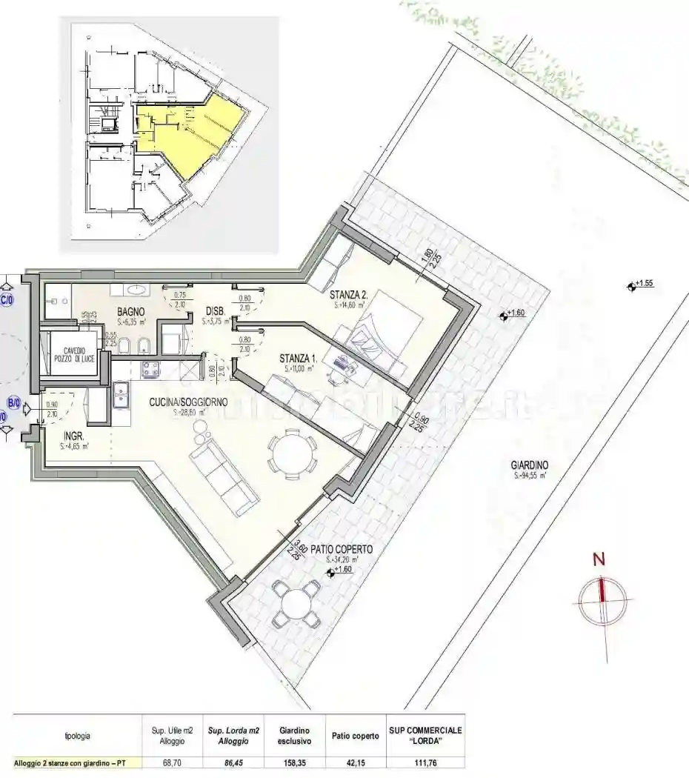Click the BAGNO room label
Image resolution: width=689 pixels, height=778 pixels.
pyautogui.click(x=130, y=312)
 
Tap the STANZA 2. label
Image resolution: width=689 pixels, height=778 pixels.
pyautogui.click(x=349, y=294)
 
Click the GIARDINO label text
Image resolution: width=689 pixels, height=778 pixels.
pyautogui.click(x=529, y=465)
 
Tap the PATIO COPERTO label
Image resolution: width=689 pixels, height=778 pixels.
pyautogui.click(x=342, y=550)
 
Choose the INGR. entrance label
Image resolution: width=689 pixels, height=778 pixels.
pyautogui.click(x=73, y=436)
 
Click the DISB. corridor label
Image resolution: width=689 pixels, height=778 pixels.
pyautogui.click(x=215, y=311)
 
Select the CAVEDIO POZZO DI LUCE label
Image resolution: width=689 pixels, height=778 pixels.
pyautogui.click(x=74, y=355)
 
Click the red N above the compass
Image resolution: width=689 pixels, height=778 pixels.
pyautogui.click(x=599, y=560)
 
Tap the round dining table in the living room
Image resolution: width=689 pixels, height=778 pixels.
pyautogui.click(x=289, y=453)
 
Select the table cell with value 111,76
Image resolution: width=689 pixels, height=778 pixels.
pyautogui.click(x=425, y=762)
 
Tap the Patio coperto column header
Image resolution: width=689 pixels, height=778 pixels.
pyautogui.click(x=351, y=735)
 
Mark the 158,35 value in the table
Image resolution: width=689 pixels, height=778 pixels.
pyautogui.click(x=294, y=762)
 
